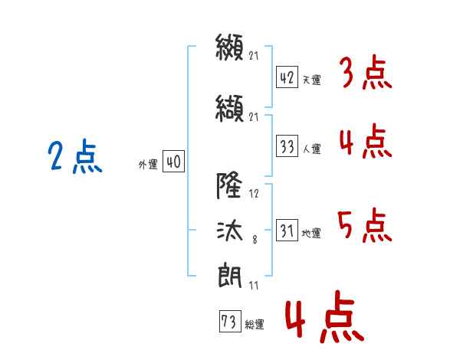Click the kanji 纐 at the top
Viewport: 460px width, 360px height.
pos(229,47)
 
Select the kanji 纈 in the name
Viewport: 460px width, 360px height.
pos(229,109)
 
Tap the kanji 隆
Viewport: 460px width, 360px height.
pos(229,185)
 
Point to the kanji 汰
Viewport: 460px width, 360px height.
pos(230,231)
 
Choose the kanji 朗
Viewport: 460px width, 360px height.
pos(230,276)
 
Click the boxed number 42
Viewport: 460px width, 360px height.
pos(287,77)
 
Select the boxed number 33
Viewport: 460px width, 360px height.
pos(287,146)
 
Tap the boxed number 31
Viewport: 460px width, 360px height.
pos(287,230)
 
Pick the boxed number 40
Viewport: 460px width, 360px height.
pos(173,161)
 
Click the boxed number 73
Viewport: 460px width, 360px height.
pos(230,321)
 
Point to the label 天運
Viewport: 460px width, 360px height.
pos(312,80)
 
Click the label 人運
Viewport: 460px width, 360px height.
pos(312,149)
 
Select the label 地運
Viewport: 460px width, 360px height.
pos(311,233)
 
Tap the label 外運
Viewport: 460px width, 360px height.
pos(148,164)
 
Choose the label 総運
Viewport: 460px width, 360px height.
pos(255,324)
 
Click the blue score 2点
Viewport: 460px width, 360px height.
pos(75,156)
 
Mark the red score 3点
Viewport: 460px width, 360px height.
pos(366,72)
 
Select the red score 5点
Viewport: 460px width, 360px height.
pos(365,225)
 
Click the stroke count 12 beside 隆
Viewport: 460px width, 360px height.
pos(254,194)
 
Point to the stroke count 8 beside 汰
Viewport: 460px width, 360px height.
pos(255,240)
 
